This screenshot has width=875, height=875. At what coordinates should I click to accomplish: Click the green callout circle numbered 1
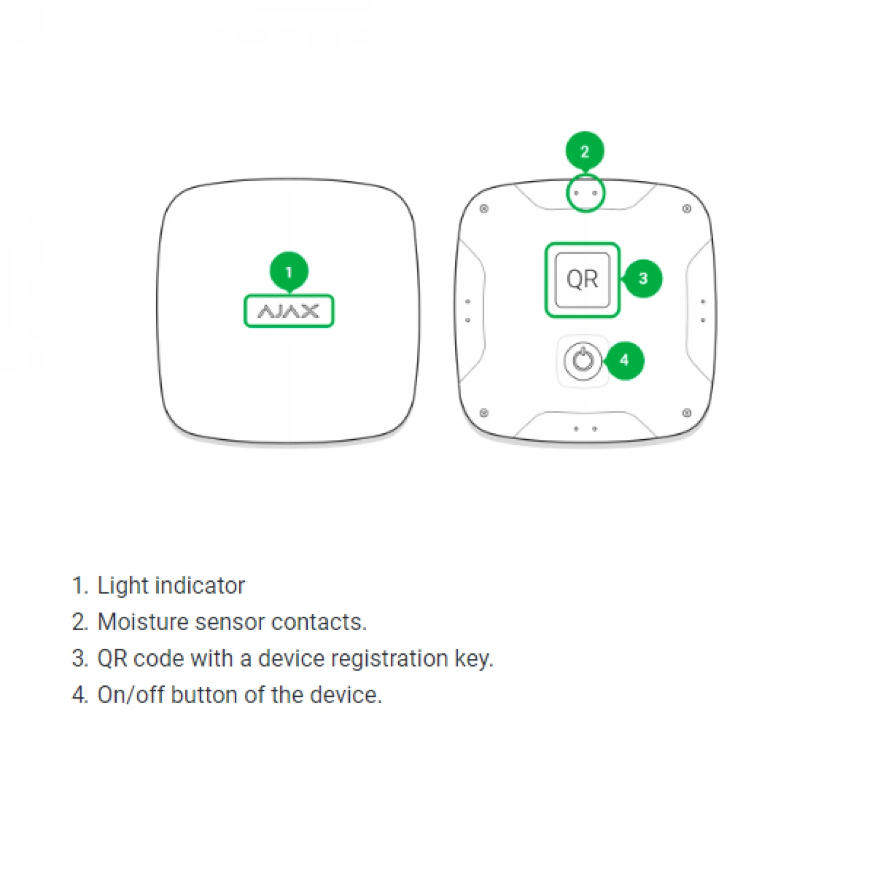[x=289, y=272]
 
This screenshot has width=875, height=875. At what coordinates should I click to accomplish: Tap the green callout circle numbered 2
[x=584, y=151]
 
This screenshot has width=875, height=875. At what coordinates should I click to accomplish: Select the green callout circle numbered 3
[x=643, y=279]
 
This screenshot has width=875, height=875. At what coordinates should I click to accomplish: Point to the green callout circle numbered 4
[x=625, y=360]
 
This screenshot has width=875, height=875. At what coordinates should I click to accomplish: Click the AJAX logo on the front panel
[x=289, y=311]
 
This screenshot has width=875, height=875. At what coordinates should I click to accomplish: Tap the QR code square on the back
[x=582, y=280]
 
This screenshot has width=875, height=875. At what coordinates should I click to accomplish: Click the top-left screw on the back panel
[x=484, y=209]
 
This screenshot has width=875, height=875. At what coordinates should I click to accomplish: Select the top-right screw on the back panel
[x=686, y=209]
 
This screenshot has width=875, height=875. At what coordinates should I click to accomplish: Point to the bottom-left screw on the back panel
[x=484, y=413]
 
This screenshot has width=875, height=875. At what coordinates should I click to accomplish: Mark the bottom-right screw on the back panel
[x=686, y=413]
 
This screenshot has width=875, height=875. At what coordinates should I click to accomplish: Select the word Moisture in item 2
[x=143, y=622]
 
